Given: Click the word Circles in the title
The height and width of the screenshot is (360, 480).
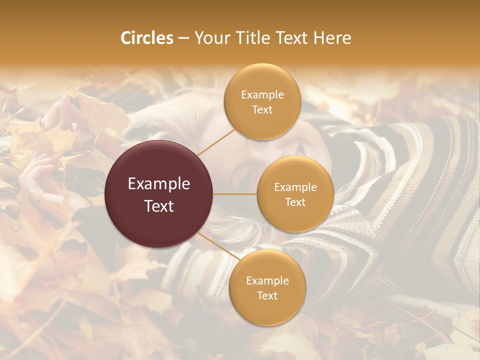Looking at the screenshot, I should point(147,38).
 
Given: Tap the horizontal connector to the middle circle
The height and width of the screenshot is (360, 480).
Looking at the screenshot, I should point(235,194).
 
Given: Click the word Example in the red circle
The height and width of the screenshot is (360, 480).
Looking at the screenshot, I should point(159,184).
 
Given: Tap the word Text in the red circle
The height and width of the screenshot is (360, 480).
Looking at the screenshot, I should point(159,206).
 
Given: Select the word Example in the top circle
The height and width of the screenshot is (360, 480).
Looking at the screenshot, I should point(262,95).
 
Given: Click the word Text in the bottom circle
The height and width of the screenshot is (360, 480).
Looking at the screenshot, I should point(267,295).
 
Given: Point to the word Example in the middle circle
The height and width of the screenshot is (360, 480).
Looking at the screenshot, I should point(295,187).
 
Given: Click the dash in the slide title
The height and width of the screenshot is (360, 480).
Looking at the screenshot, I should point(183,38).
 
